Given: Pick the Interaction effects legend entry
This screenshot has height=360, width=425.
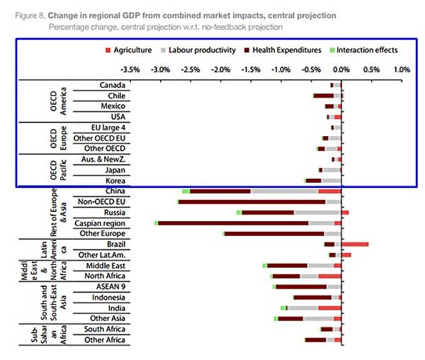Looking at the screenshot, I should click(x=366, y=51).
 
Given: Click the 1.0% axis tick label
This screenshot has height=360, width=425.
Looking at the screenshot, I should click(x=401, y=70).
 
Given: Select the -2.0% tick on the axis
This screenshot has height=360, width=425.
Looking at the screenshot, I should click(x=220, y=70).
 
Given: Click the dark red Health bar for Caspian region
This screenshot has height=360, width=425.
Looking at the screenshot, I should click(x=233, y=223).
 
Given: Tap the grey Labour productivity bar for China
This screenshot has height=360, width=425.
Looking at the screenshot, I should click(x=284, y=191).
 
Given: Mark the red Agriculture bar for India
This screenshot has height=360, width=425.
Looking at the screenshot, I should click(x=329, y=308).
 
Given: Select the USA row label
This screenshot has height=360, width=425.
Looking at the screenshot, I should click(x=118, y=116).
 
